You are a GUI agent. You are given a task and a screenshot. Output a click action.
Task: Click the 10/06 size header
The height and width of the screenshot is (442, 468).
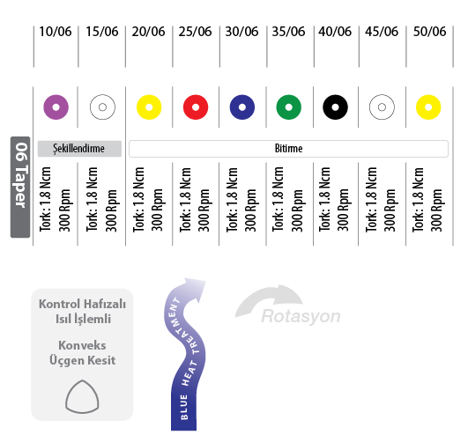pyautogui.click(x=56, y=32)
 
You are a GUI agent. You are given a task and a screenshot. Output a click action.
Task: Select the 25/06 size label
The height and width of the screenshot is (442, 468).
pyautogui.click(x=195, y=32)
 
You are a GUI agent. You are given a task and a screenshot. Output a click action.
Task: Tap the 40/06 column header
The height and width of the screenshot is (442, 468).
pyautogui.click(x=335, y=32)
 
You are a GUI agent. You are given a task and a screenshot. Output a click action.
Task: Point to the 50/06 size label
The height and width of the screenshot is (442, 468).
pyautogui.click(x=429, y=32)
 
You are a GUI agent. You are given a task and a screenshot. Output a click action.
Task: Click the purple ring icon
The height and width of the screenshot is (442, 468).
pyautogui.click(x=48, y=107)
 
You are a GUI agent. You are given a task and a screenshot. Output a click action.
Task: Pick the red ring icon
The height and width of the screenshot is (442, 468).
pyautogui.click(x=189, y=107)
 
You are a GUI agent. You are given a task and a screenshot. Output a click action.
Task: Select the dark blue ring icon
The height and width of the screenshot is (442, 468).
pyautogui.click(x=235, y=107)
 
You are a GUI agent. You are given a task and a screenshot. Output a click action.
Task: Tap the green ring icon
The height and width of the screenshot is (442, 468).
pyautogui.click(x=281, y=107)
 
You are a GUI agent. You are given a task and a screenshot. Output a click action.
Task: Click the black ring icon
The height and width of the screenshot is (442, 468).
pyautogui.click(x=328, y=107)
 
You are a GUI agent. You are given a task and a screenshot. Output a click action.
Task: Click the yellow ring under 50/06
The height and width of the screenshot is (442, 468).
pyautogui.click(x=421, y=107)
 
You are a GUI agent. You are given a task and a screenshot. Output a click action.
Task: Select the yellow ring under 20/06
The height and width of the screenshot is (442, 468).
pyautogui.click(x=142, y=107)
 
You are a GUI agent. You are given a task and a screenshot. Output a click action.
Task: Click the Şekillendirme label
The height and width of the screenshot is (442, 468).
pyautogui.click(x=79, y=149)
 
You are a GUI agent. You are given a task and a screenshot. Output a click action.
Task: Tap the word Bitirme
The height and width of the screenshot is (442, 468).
pyautogui.click(x=288, y=149)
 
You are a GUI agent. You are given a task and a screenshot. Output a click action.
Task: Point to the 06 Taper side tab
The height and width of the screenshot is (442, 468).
pyautogui.click(x=20, y=187)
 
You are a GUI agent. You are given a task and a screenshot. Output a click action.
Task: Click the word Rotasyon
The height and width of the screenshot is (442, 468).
pyautogui.click(x=301, y=316)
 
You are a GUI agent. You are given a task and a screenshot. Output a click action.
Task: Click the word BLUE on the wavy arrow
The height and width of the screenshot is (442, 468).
pyautogui.click(x=184, y=407)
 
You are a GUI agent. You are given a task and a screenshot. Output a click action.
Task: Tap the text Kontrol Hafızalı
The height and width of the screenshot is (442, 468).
pyautogui.click(x=82, y=304)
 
